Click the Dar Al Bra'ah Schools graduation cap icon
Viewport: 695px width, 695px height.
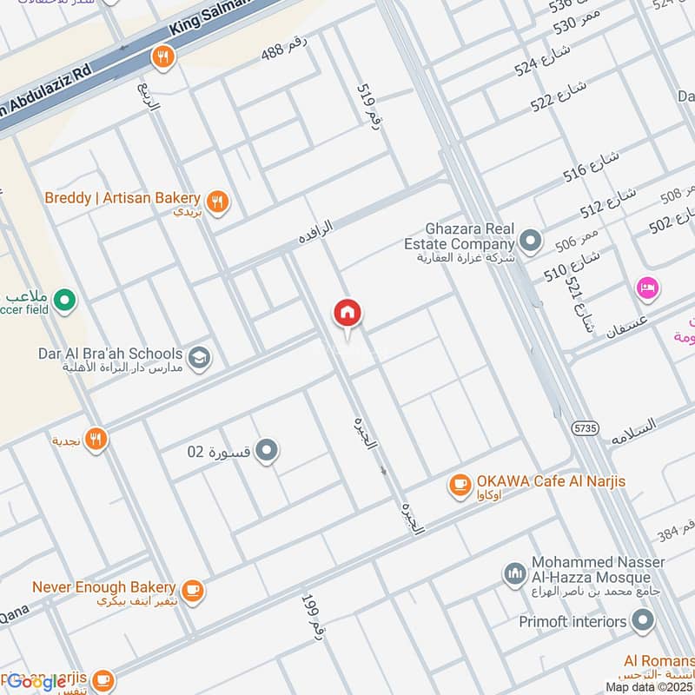click(200, 358)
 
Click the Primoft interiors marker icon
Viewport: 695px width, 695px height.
click(643, 621)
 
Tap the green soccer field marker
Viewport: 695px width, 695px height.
click(63, 302)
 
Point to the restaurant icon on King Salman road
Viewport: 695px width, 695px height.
click(162, 57)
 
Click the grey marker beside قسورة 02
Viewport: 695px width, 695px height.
click(268, 451)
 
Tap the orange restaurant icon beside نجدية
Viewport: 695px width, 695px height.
click(96, 440)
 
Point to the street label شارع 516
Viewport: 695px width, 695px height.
click(591, 165)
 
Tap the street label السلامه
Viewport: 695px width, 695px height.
click(632, 431)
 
